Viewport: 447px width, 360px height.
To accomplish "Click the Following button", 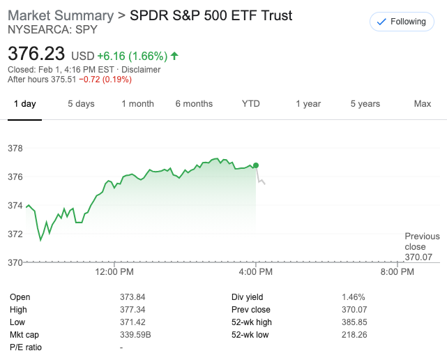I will click(x=401, y=22).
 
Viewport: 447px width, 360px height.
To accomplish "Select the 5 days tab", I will click(x=81, y=104).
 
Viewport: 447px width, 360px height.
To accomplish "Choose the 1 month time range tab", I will click(x=137, y=104).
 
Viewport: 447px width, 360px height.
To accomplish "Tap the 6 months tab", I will click(x=194, y=104).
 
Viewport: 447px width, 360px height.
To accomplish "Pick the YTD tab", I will click(x=251, y=104).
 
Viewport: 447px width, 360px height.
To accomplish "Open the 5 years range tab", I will click(x=365, y=104).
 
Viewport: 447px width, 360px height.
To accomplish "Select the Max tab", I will click(x=423, y=104).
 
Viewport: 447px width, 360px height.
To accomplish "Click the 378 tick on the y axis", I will click(x=15, y=149).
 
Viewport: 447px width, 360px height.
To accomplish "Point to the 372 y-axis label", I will click(x=15, y=234).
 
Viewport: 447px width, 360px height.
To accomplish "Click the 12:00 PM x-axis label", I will click(x=114, y=271).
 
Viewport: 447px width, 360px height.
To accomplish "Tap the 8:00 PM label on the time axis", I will click(x=398, y=271).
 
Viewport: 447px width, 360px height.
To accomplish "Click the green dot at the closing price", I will click(x=256, y=165).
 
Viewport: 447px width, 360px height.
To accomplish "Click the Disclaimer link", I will click(x=142, y=70).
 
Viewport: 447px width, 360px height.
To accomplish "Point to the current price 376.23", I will click(x=36, y=54).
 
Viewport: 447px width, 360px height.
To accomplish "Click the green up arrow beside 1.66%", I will click(x=174, y=55).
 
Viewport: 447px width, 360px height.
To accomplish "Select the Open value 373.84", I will click(x=132, y=297).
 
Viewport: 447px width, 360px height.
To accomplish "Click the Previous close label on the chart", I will click(x=422, y=242).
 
